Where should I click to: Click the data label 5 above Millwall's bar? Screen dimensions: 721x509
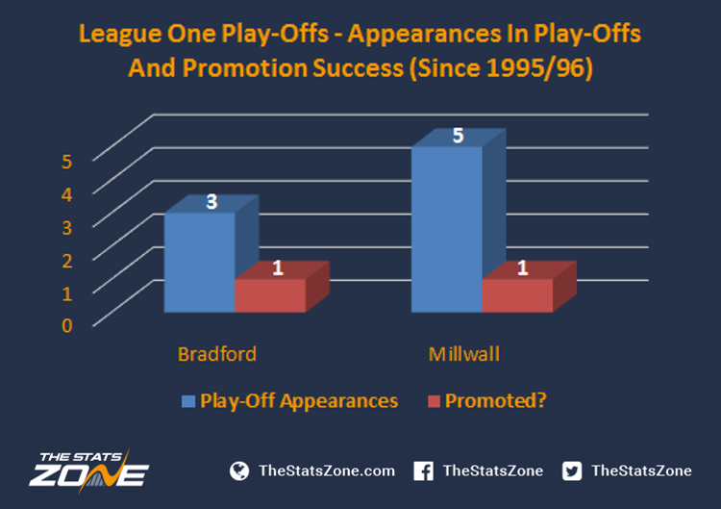tap(458, 136)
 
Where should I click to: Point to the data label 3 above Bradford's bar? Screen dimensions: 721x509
tap(211, 202)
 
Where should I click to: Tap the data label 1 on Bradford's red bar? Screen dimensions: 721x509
tap(277, 267)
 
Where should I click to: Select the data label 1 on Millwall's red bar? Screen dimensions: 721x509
tap(522, 267)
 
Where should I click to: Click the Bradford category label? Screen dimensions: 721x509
tap(217, 354)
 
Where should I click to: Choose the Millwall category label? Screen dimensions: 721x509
tap(464, 354)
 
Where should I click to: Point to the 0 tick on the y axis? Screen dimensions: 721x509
tap(67, 325)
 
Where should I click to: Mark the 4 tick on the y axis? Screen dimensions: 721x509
tap(67, 194)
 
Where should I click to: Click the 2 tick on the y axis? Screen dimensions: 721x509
tap(67, 261)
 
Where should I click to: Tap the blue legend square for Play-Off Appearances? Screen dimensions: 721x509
tap(188, 401)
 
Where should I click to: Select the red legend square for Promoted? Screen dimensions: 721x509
tap(435, 401)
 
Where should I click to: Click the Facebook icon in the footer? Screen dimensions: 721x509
tap(424, 471)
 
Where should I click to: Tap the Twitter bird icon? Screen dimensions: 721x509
tap(572, 471)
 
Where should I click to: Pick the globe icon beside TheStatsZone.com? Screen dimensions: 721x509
tap(239, 471)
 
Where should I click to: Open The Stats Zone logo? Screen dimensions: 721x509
tap(89, 471)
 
